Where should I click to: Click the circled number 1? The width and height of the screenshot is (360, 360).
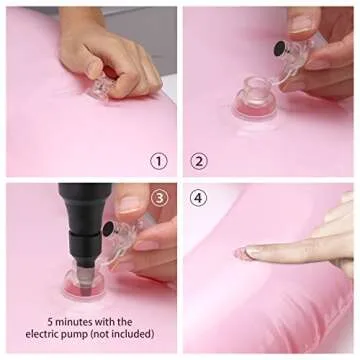click(159, 160)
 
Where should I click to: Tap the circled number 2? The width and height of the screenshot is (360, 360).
click(198, 160)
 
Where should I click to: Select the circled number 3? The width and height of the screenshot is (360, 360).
click(159, 197)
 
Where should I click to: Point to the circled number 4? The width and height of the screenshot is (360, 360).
click(198, 197)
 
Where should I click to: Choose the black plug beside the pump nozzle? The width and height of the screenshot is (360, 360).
click(107, 228)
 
